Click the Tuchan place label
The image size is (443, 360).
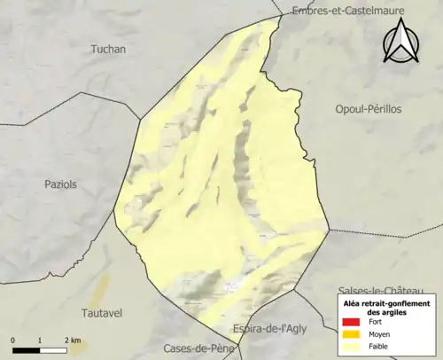tap(108, 50)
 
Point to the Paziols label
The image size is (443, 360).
tap(61, 184)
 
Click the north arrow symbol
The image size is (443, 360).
tap(401, 43)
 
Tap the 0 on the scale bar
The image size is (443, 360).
tap(13, 340)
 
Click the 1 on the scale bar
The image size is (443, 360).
tap(41, 340)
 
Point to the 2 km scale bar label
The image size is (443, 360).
tap(73, 340)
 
